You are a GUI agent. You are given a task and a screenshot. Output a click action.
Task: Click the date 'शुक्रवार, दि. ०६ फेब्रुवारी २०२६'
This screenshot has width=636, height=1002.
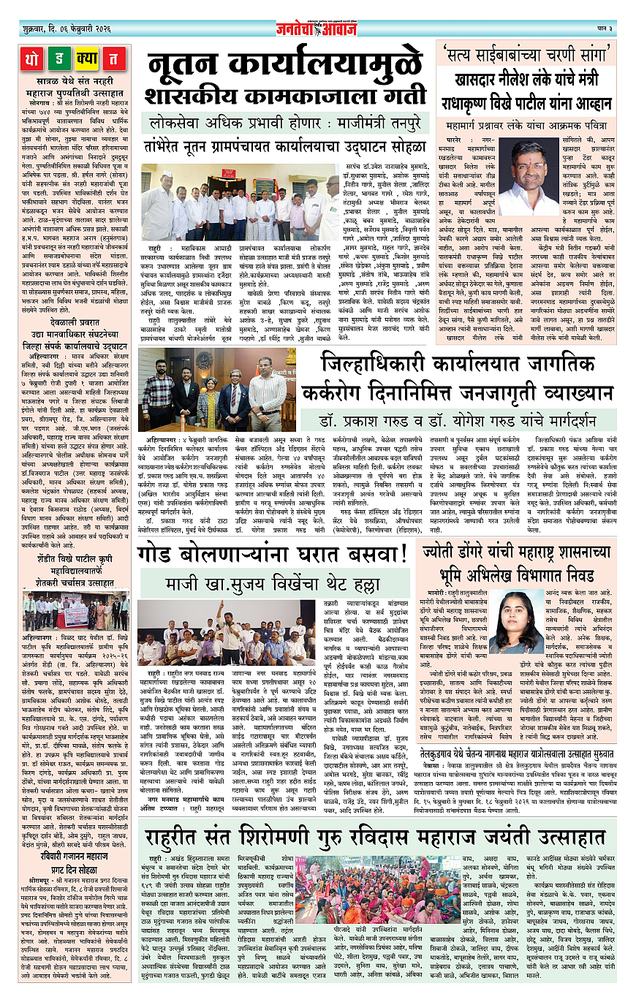pos(67,29)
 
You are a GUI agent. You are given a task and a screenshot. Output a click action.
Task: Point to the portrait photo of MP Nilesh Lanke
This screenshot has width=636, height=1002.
pos(529,175)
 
